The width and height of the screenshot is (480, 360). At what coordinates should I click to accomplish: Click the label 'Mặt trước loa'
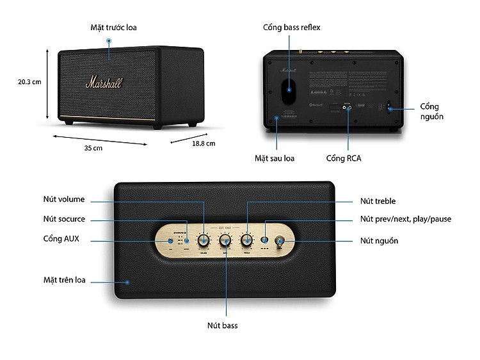(x=113, y=28)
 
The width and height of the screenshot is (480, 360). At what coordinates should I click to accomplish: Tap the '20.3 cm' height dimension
(x=29, y=81)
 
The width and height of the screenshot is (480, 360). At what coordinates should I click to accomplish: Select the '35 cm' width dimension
(x=93, y=148)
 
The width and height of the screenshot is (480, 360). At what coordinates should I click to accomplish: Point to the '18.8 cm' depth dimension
(x=204, y=143)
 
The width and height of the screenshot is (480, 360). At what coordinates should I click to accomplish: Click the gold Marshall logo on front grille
(x=104, y=82)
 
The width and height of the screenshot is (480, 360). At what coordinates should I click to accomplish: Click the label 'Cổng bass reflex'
(x=291, y=28)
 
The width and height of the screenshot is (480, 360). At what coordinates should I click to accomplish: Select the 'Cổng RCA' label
(x=343, y=158)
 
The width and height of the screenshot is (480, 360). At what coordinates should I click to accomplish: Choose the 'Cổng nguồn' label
(x=431, y=111)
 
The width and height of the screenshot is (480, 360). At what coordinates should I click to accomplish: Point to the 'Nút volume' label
(x=64, y=199)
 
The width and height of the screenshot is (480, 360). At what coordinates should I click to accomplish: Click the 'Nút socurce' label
(x=64, y=219)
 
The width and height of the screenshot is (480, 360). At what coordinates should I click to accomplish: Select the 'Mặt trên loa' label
(x=64, y=280)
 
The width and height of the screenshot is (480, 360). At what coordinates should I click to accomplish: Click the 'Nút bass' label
(x=222, y=325)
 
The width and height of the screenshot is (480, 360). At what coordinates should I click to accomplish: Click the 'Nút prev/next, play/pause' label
(x=405, y=219)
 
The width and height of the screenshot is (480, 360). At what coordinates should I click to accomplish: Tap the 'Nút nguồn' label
(x=379, y=241)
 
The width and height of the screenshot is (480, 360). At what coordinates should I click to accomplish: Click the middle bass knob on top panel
(x=225, y=240)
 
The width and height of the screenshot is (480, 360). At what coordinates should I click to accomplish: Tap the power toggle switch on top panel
(x=280, y=241)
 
